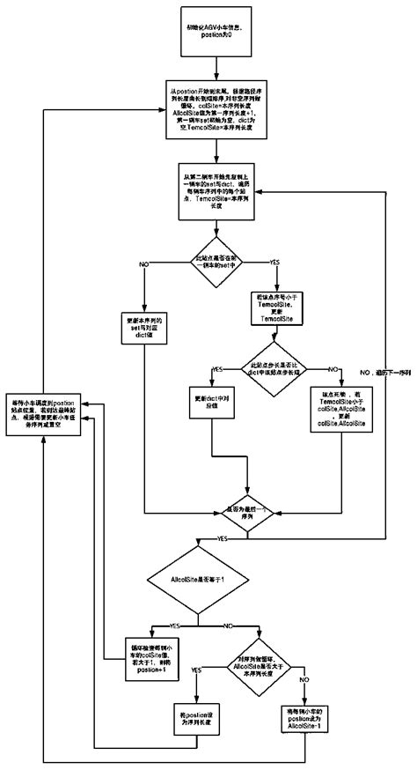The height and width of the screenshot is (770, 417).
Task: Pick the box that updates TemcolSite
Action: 278,310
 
